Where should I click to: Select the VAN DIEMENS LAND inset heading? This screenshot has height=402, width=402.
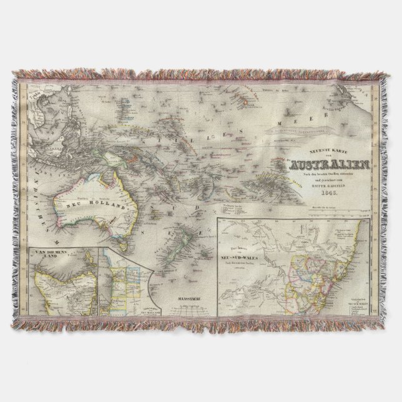(51, 255)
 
